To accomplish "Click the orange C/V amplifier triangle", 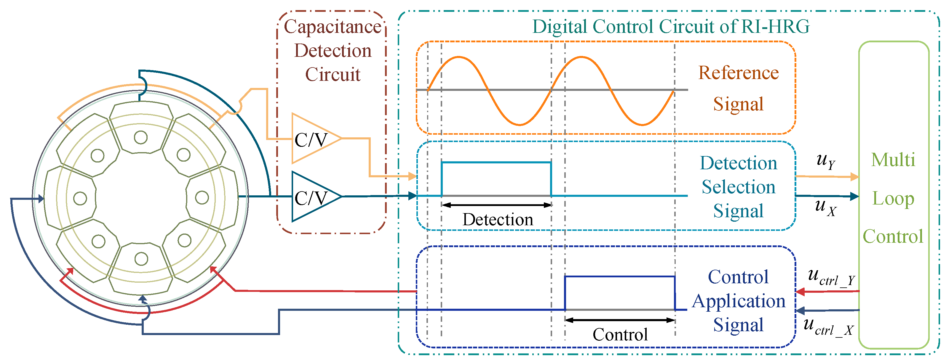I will point(312,139).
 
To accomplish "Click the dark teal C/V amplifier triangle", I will point(312,197).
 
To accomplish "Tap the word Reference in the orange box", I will point(738,73).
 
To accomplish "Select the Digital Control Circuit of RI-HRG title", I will point(671,26).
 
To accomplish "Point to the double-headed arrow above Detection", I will point(496,205).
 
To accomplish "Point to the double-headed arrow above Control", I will point(620,320).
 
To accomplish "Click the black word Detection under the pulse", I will point(498,220).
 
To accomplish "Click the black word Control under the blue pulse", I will point(620,334).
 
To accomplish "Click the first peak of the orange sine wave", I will point(458,57).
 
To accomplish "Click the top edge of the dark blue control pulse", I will point(620,276).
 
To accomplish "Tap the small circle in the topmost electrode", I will point(141,138).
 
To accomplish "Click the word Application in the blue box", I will point(739,301).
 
